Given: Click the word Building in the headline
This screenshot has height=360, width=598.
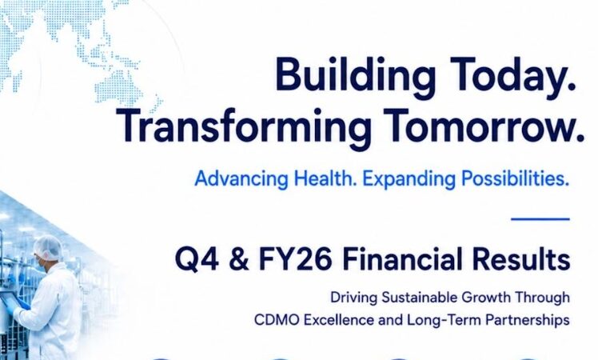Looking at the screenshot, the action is click(x=356, y=76).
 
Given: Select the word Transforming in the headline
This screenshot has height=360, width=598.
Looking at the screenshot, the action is click(x=244, y=126).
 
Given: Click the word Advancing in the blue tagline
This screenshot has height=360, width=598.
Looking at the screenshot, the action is click(x=241, y=178).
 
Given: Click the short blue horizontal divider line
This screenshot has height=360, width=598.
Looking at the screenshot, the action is click(x=540, y=219).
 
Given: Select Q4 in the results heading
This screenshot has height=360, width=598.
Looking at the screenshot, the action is click(x=197, y=259).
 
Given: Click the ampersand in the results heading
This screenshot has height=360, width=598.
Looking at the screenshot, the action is click(x=239, y=259).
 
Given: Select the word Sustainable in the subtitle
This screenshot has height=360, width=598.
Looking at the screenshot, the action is click(x=419, y=297).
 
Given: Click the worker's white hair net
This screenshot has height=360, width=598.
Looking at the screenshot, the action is click(x=48, y=247).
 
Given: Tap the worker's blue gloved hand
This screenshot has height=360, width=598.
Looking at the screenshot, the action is click(x=22, y=304).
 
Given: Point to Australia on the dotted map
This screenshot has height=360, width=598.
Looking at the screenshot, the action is click(x=118, y=92).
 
